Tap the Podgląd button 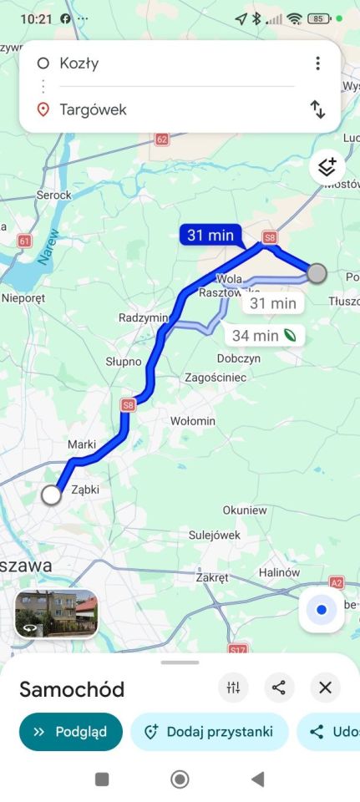click(x=70, y=732)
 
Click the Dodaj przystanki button click(x=209, y=732)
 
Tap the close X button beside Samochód click(x=325, y=688)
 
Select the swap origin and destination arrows click(x=317, y=109)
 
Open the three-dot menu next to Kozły click(x=317, y=63)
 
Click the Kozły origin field click(x=167, y=63)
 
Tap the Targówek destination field click(x=167, y=109)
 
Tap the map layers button click(x=327, y=167)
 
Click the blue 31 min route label click(x=210, y=236)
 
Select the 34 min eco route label click(x=264, y=336)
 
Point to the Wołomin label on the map click(x=192, y=421)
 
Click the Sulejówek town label click(x=215, y=535)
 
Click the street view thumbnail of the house click(x=57, y=614)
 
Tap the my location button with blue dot click(x=322, y=610)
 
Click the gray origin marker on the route click(x=317, y=273)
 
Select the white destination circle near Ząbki click(x=51, y=495)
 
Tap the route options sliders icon click(x=233, y=688)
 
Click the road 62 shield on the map click(x=162, y=140)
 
